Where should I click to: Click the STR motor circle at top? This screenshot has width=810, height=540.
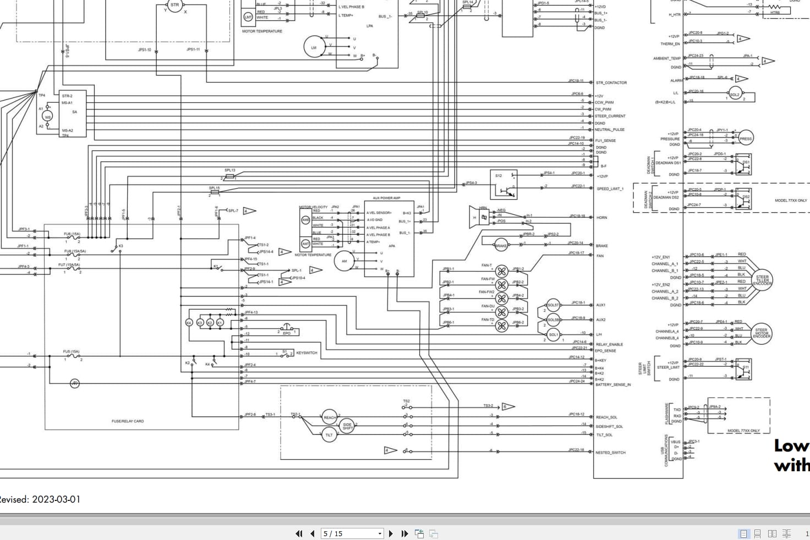pyautogui.click(x=174, y=5)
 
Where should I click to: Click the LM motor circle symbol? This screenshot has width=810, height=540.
pyautogui.click(x=314, y=47)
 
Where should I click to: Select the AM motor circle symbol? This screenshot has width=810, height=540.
pyautogui.click(x=344, y=261)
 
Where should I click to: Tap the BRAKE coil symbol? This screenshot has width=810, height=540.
pyautogui.click(x=501, y=245)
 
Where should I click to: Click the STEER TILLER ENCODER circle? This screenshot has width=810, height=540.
pyautogui.click(x=762, y=279)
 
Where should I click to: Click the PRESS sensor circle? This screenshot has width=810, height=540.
pyautogui.click(x=745, y=139)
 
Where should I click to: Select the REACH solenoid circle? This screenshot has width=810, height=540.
pyautogui.click(x=330, y=417)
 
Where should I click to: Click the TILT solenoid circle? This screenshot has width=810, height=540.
pyautogui.click(x=329, y=435)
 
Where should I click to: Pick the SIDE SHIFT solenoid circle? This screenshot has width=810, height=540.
pyautogui.click(x=347, y=426)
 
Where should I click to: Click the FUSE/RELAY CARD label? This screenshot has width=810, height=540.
pyautogui.click(x=128, y=421)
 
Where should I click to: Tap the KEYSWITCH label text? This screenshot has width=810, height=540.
pyautogui.click(x=307, y=352)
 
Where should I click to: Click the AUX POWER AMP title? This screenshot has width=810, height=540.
pyautogui.click(x=386, y=198)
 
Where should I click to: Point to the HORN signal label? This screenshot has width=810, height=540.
pyautogui.click(x=601, y=217)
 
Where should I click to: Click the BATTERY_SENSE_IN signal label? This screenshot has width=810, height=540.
pyautogui.click(x=612, y=384)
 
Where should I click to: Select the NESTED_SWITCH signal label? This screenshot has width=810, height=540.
pyautogui.click(x=610, y=453)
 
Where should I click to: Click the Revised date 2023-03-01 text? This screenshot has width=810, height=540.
pyautogui.click(x=40, y=499)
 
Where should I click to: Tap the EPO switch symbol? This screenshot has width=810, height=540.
pyautogui.click(x=287, y=329)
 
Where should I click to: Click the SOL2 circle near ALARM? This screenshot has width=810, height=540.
pyautogui.click(x=735, y=94)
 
